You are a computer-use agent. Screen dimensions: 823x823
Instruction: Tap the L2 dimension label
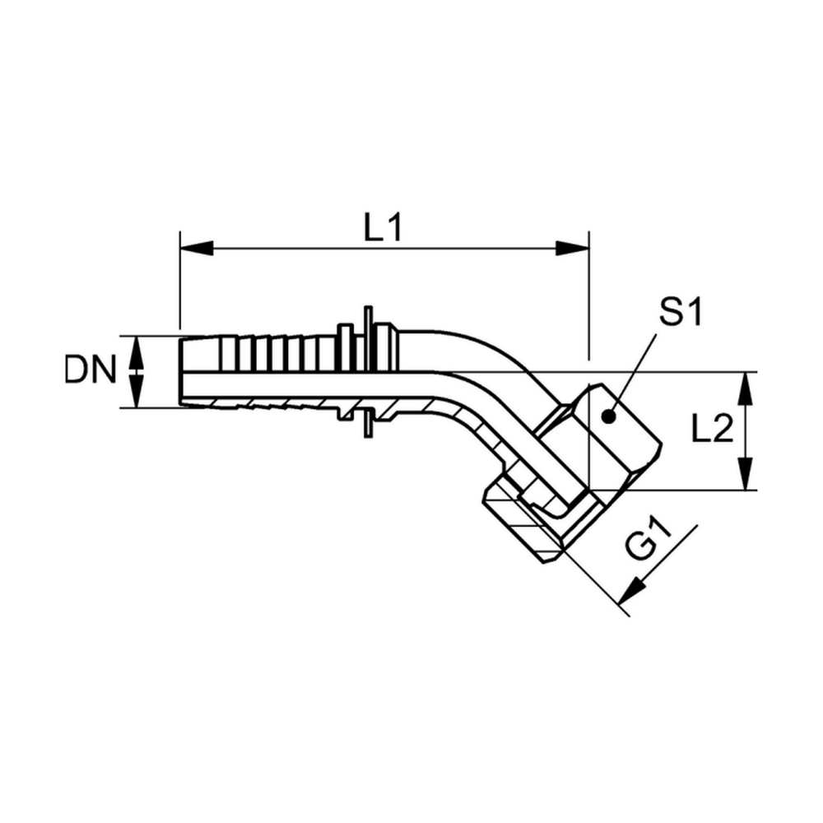[x=712, y=431]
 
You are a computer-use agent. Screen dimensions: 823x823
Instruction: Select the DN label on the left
[x=90, y=370]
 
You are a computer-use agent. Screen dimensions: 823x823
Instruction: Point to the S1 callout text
[x=681, y=313]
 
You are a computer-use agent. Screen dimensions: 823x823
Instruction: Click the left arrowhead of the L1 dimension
[x=197, y=249]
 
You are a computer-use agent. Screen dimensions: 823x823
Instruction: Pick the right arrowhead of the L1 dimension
[x=573, y=249]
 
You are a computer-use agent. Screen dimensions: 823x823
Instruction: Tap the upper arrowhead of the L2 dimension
[x=746, y=388]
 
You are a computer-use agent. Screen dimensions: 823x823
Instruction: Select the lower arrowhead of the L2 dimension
[x=746, y=474]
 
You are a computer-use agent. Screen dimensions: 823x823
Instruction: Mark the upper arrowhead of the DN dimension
[x=137, y=353]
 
